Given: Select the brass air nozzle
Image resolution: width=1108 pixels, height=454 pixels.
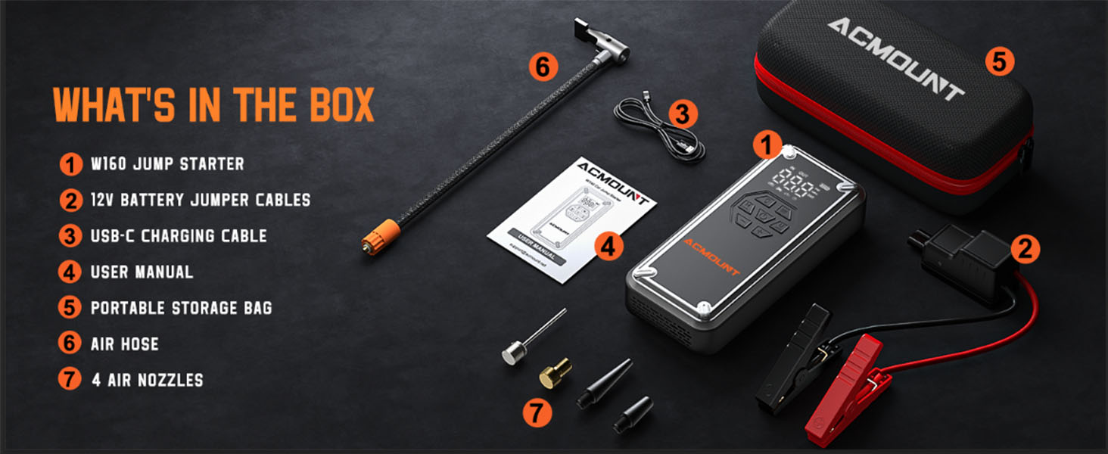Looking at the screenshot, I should point(554,372).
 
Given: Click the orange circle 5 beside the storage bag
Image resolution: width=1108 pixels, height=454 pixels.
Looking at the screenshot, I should point(999,61).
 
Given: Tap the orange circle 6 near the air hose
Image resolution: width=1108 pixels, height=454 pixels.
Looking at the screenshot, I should point(543,67).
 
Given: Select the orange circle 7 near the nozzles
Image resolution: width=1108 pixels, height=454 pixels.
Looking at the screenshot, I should point(536,413).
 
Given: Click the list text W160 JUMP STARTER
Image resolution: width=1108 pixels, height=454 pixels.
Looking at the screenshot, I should point(167,164).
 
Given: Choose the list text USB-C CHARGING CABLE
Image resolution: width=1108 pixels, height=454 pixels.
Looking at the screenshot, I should point(179,236).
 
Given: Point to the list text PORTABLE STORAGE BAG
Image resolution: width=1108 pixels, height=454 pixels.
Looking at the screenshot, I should point(181,308).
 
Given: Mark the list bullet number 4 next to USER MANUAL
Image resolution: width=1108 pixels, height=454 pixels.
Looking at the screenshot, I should point(70,272).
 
